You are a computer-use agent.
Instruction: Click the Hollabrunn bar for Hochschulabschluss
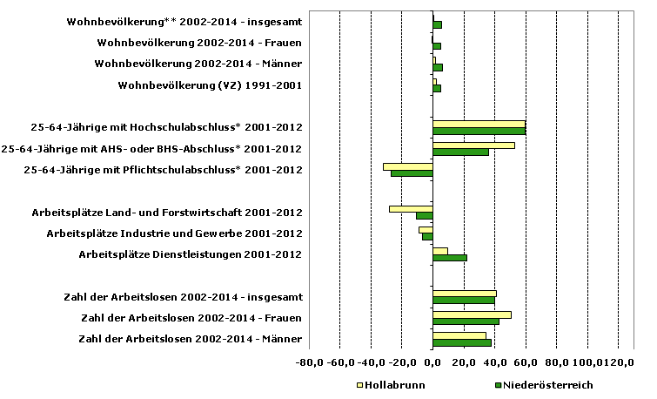click(x=479, y=124)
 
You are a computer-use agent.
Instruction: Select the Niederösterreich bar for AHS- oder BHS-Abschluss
click(x=460, y=152)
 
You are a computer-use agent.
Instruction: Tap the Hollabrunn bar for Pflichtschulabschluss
click(x=407, y=166)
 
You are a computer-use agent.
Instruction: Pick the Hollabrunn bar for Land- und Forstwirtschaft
click(x=411, y=208)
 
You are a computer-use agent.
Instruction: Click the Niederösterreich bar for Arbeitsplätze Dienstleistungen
click(x=450, y=257)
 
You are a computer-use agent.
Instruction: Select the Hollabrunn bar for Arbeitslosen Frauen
click(x=472, y=314)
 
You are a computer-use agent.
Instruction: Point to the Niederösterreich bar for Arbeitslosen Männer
click(x=462, y=342)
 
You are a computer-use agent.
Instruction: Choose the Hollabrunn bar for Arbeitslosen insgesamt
click(x=464, y=294)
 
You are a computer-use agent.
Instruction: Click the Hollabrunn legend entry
click(x=389, y=384)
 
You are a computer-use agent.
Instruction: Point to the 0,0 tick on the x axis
click(x=432, y=362)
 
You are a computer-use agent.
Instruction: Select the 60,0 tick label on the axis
click(x=525, y=362)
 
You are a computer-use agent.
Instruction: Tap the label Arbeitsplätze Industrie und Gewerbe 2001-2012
click(x=174, y=233)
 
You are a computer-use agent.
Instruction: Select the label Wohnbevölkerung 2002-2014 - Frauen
click(x=199, y=42)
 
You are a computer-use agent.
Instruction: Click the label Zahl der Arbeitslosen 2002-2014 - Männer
click(x=190, y=339)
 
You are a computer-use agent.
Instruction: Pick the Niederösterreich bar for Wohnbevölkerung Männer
click(x=438, y=67)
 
